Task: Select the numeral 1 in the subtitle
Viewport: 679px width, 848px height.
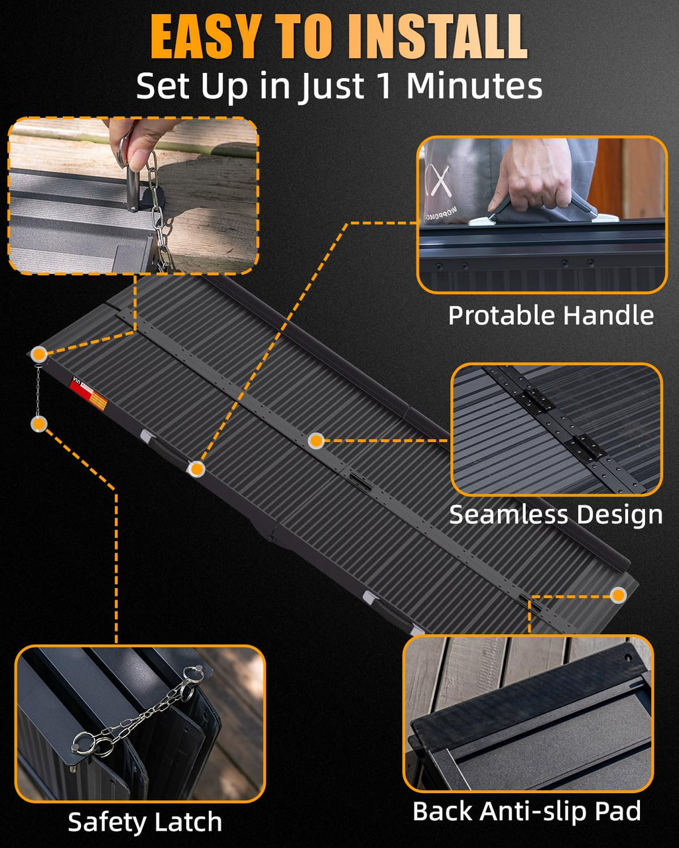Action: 383,85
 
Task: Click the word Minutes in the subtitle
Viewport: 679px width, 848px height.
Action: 474,85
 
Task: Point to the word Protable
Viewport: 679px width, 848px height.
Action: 502,315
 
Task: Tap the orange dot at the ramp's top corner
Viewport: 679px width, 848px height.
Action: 39,354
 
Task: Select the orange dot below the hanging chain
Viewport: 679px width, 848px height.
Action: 39,425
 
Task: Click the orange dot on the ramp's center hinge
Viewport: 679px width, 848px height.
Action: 316,441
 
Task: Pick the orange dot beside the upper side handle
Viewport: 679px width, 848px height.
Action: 196,469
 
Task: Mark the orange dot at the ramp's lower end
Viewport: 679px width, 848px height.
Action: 618,595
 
